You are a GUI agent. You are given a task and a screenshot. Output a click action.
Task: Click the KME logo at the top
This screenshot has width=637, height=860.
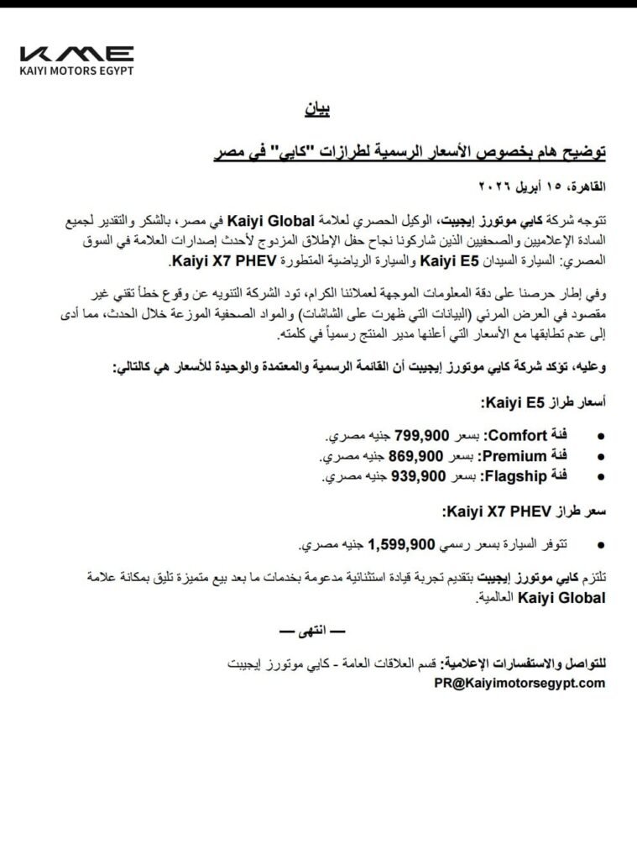[76, 53]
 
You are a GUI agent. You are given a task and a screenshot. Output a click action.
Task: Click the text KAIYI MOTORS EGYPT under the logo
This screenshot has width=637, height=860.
[76, 70]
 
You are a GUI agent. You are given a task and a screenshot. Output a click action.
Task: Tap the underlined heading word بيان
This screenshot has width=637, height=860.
[319, 110]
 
